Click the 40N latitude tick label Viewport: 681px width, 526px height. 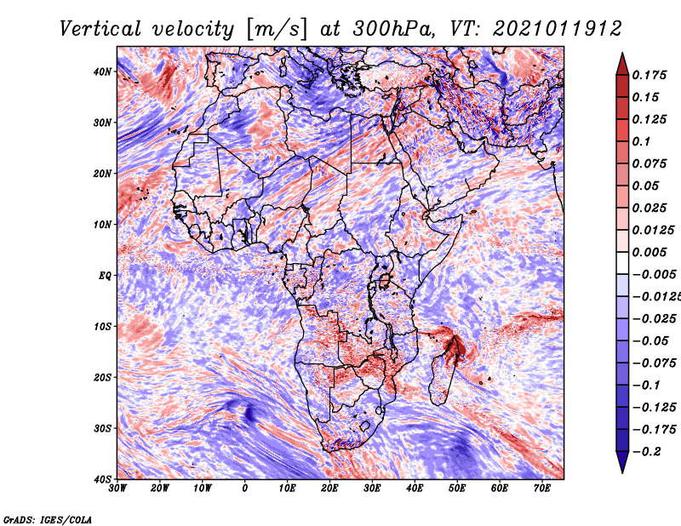tap(102, 71)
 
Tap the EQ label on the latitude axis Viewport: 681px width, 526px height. tap(105, 276)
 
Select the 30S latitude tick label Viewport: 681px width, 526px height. tap(102, 429)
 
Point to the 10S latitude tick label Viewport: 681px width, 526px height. tap(102, 327)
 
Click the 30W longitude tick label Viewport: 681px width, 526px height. tap(117, 489)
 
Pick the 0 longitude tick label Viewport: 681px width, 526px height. tap(245, 489)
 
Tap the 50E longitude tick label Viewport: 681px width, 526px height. tap(457, 489)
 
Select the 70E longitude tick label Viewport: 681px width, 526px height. tap(542, 489)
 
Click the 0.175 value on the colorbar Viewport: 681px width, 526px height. tap(650, 75)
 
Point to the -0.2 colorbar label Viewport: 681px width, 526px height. tap(646, 452)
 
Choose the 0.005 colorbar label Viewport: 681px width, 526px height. tap(650, 252)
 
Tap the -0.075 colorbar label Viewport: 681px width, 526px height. tap(654, 363)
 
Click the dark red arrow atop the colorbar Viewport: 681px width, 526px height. tap(622, 64)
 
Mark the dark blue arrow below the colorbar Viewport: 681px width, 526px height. tap(622, 462)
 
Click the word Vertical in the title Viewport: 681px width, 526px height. tap(100, 29)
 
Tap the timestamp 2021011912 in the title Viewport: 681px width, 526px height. tap(558, 29)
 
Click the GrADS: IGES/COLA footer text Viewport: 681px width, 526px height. tap(48, 519)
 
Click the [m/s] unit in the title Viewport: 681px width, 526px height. tap(278, 29)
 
